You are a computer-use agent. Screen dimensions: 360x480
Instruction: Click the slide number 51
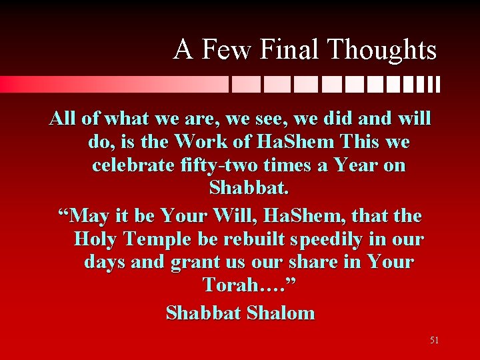(434, 341)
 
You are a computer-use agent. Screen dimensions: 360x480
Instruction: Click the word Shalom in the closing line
(279, 312)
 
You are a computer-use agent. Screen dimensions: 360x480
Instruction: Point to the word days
(106, 262)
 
